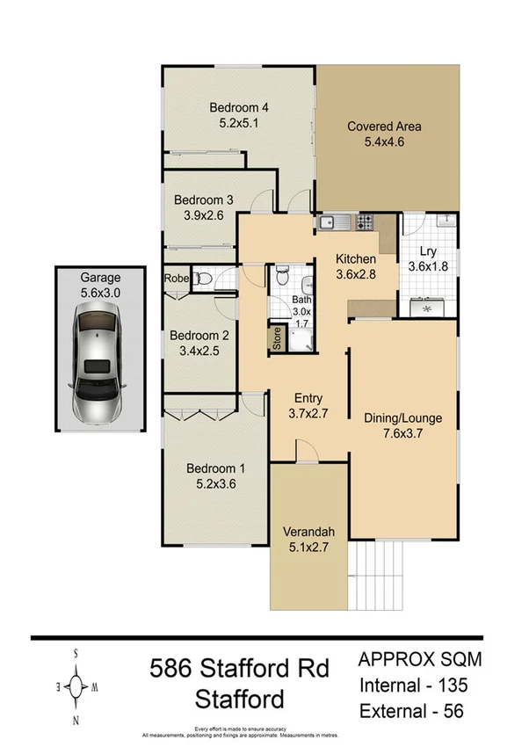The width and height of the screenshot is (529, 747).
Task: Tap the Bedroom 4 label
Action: pos(237,108)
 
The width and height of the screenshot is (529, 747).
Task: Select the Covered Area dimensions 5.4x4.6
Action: pos(383,141)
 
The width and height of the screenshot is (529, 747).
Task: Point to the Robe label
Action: pos(175,279)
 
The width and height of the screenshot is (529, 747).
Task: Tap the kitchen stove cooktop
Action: pos(364,221)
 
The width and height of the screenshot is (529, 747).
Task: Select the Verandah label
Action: pos(307,530)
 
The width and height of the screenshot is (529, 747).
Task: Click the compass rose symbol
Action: pos(77,684)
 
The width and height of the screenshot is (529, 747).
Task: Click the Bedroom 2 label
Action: pos(199,335)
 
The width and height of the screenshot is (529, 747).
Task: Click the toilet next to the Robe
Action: pos(203,279)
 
